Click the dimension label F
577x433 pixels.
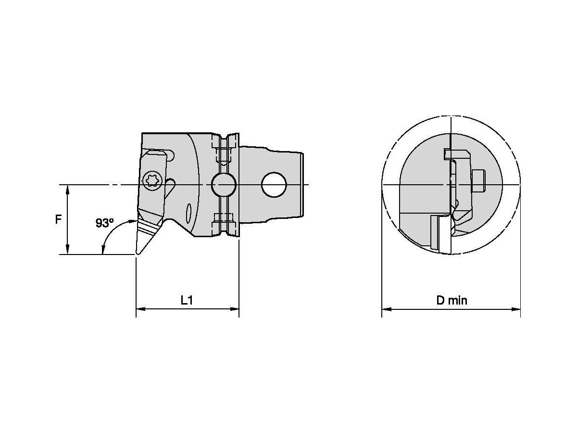[x=58, y=219]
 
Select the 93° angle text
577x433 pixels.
[x=104, y=223]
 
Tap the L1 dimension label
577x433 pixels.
[x=187, y=300]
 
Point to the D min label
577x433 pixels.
[x=451, y=300]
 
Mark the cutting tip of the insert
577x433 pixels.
[x=137, y=253]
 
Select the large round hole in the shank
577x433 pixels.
[x=273, y=185]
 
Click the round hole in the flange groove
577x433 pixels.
[x=223, y=185]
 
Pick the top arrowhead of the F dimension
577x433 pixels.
[x=68, y=189]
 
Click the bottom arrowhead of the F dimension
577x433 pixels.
[x=68, y=250]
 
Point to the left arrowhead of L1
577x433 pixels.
[x=140, y=309]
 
